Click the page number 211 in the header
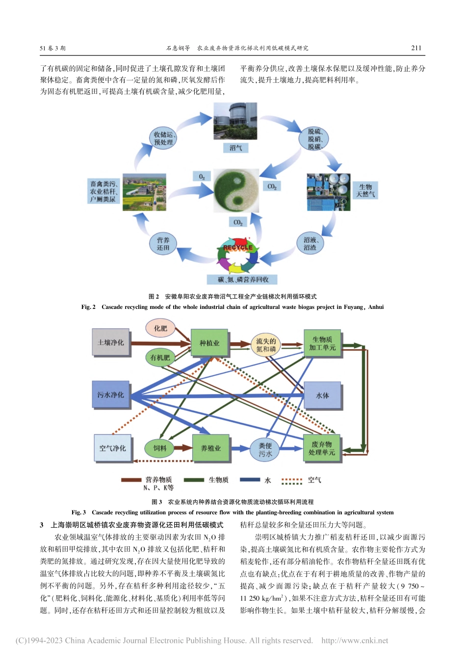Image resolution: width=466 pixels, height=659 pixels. (x=416, y=48)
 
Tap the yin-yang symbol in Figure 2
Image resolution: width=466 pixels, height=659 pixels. (x=236, y=190)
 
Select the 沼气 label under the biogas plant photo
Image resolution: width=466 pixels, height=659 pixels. (x=235, y=148)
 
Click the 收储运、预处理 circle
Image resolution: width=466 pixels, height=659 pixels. (x=163, y=138)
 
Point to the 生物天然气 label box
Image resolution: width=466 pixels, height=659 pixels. (x=365, y=191)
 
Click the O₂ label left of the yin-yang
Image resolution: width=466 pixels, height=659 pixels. (x=202, y=177)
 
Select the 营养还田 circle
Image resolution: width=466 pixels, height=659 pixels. (x=163, y=244)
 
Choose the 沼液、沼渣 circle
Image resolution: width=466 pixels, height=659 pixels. (x=310, y=244)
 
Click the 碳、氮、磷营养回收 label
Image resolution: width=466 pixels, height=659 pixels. (x=243, y=279)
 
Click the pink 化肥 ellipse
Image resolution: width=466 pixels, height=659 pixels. (x=160, y=329)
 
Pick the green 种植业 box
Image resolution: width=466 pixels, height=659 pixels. (x=209, y=343)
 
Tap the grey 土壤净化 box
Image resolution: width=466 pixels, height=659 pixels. (x=111, y=342)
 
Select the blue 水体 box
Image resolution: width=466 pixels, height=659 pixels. (x=322, y=395)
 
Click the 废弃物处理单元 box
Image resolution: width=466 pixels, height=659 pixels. (x=322, y=448)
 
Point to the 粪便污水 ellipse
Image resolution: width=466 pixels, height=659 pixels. (x=265, y=450)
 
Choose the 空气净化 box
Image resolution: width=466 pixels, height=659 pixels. (x=113, y=448)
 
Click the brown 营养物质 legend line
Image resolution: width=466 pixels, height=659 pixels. (x=131, y=480)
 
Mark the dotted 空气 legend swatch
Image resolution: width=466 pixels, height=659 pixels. (x=291, y=481)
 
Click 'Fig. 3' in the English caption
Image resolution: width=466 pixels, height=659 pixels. (x=78, y=512)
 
